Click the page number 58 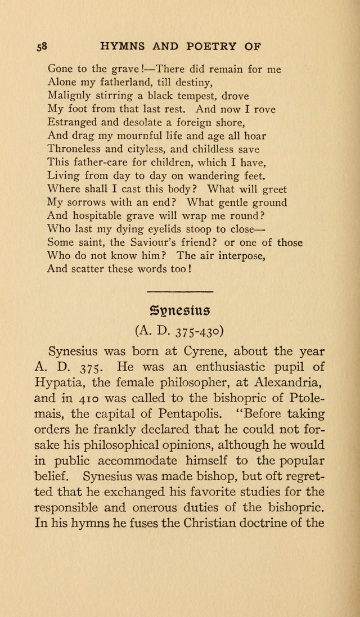(42, 47)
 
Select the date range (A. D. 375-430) (179, 330)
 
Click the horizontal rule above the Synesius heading (179, 291)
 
